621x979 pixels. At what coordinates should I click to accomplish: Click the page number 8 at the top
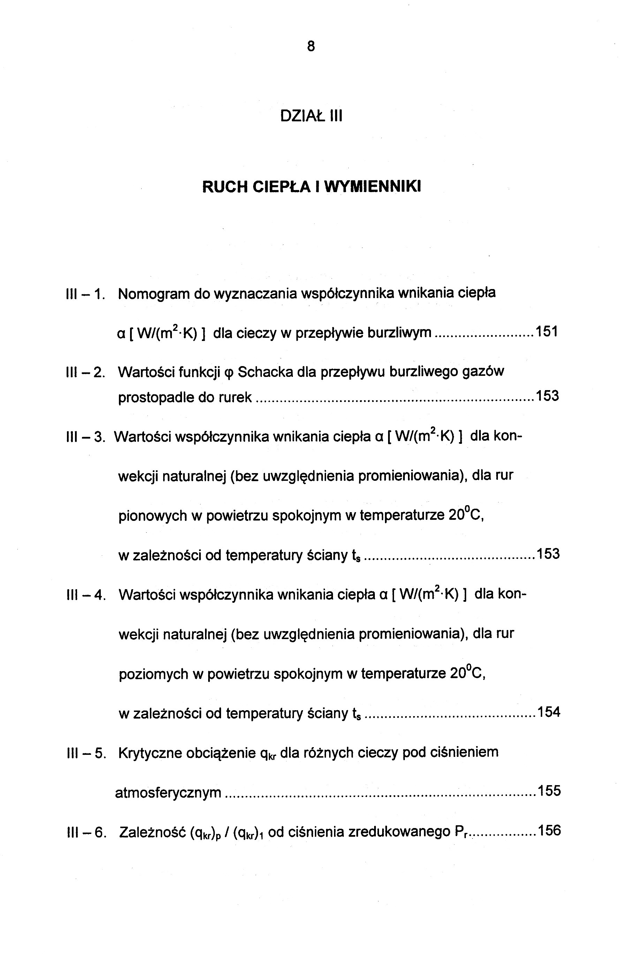tap(311, 47)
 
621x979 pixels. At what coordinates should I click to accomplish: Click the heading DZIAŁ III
tap(311, 116)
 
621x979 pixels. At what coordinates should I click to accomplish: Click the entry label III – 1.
tap(85, 294)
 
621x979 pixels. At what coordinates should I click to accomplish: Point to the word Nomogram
tap(153, 294)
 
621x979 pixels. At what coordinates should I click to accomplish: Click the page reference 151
tap(547, 332)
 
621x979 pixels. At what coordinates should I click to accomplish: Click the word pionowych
tap(152, 516)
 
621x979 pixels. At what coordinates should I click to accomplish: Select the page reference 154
tap(548, 712)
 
